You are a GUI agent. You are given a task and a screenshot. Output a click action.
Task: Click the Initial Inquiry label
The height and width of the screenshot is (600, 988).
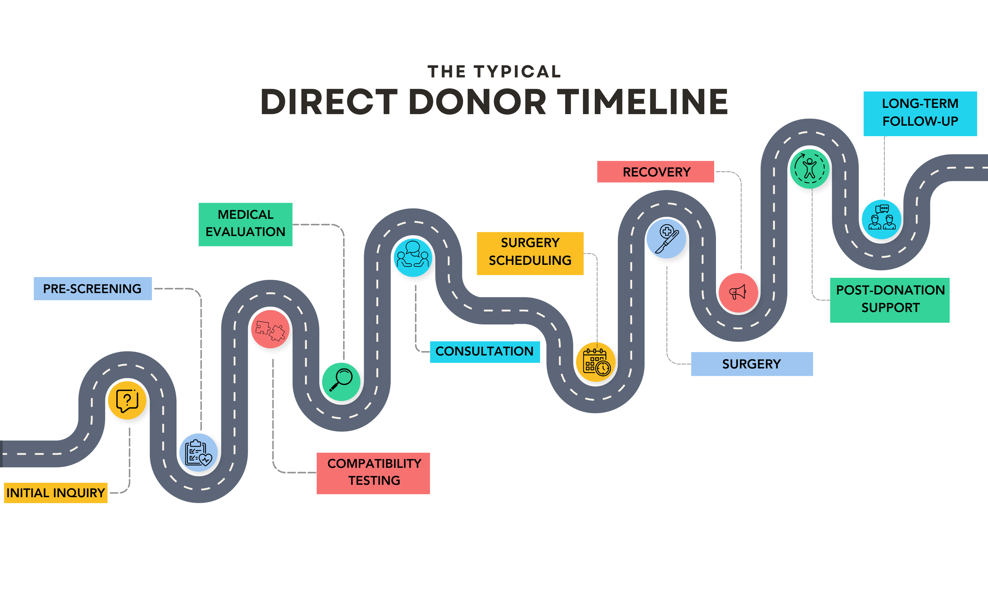[x=56, y=492]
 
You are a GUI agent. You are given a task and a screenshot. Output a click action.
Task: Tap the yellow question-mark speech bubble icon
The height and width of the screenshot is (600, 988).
[x=127, y=400]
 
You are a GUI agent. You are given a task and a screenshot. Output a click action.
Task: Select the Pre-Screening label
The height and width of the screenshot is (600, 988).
[x=92, y=289]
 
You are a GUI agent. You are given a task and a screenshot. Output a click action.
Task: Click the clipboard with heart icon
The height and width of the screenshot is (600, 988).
[x=198, y=453]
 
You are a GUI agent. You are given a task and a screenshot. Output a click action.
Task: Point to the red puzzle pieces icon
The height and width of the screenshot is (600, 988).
[x=270, y=329]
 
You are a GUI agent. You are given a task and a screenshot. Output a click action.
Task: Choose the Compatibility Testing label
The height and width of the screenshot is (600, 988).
[x=373, y=473]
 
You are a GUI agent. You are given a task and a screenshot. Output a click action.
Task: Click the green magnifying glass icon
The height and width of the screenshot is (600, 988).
[x=341, y=381]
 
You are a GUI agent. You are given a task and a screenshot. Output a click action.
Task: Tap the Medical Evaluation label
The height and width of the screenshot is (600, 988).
[x=245, y=224]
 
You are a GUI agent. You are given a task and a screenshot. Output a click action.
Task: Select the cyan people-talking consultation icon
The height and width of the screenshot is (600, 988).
[x=413, y=258]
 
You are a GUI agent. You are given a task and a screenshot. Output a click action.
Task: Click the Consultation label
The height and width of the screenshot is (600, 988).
[x=485, y=351]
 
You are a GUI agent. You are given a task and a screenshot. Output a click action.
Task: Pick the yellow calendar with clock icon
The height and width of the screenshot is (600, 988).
[x=596, y=362]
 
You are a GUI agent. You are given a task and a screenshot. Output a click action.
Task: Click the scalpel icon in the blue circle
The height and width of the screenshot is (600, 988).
[x=666, y=239]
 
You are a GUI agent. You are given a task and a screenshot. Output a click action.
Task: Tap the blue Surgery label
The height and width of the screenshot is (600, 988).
[x=751, y=364]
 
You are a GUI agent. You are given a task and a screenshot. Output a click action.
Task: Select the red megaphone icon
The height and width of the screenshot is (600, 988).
[x=738, y=292]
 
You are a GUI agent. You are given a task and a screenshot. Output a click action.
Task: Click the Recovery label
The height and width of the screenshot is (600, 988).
[x=656, y=172]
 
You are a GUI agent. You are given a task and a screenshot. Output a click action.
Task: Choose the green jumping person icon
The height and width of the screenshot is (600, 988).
[x=809, y=169]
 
